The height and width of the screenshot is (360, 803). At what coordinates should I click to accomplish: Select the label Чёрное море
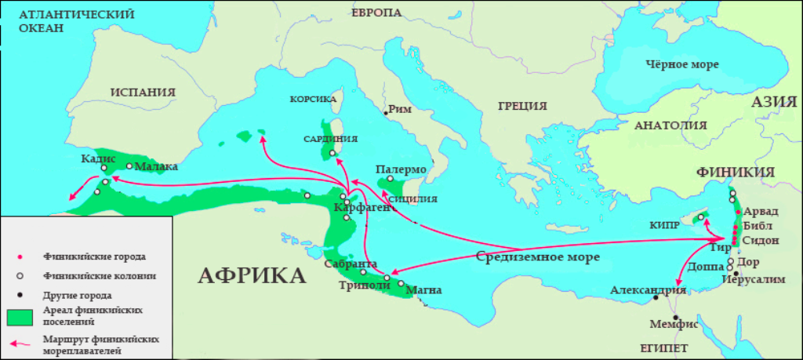coord(681,65)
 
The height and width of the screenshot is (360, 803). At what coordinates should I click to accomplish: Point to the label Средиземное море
coord(538,256)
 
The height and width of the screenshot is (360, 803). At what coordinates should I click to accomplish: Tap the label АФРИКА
coord(251,276)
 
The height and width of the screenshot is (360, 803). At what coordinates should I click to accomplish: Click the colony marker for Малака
coord(129,165)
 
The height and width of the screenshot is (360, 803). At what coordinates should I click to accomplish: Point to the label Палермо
coord(401,169)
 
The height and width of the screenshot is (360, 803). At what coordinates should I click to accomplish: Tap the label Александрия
coord(649,290)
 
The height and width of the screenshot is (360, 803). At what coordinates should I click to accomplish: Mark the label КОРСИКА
coord(313,100)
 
